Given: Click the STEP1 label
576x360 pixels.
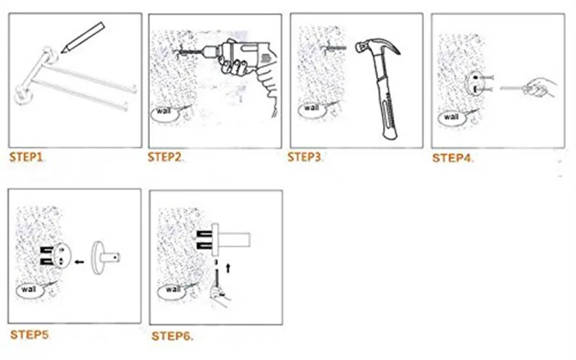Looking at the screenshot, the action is pos(26,157).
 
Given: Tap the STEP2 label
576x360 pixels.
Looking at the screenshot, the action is pos(165,157).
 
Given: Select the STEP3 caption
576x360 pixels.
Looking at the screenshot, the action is pos(304,157).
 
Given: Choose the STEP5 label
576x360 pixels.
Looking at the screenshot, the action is pos(30,335).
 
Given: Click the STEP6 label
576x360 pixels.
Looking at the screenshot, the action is pos(171,336).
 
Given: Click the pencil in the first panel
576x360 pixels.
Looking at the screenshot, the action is pos(83,38).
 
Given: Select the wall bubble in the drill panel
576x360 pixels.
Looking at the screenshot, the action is pos(164,113).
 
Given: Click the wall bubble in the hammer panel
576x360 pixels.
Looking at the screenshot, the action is pos(312,110).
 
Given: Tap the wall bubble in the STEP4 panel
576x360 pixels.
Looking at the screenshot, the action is pos(451,118).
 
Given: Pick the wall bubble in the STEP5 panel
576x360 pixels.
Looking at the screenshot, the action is pos(30,291).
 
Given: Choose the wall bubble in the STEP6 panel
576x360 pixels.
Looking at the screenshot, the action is pos(171,291).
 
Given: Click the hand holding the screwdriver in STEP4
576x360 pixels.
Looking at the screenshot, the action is pos(540,87).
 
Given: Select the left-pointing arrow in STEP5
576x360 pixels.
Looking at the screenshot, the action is pos(79,262).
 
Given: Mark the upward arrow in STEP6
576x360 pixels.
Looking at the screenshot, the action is pos(228,268).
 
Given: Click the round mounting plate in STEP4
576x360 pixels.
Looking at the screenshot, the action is pos(474,84).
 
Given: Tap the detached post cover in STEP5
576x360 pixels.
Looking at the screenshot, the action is pos(104,258).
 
